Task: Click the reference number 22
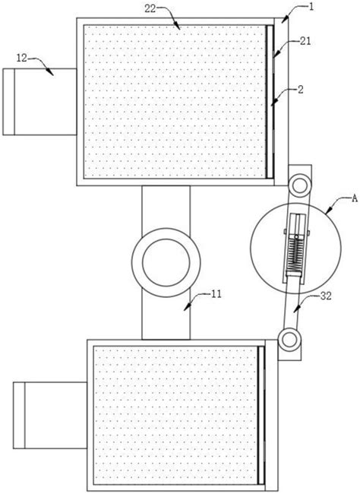pos(150,9)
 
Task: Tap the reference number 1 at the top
pos(311,7)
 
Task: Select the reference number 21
pos(305,41)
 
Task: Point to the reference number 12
pos(22,58)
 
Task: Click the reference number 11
pos(216,294)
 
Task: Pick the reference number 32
pos(326,296)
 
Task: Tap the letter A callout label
pos(355,198)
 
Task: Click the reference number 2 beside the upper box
pos(301,90)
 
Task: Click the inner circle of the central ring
pos(166,262)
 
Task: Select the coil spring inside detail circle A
pos(295,255)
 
